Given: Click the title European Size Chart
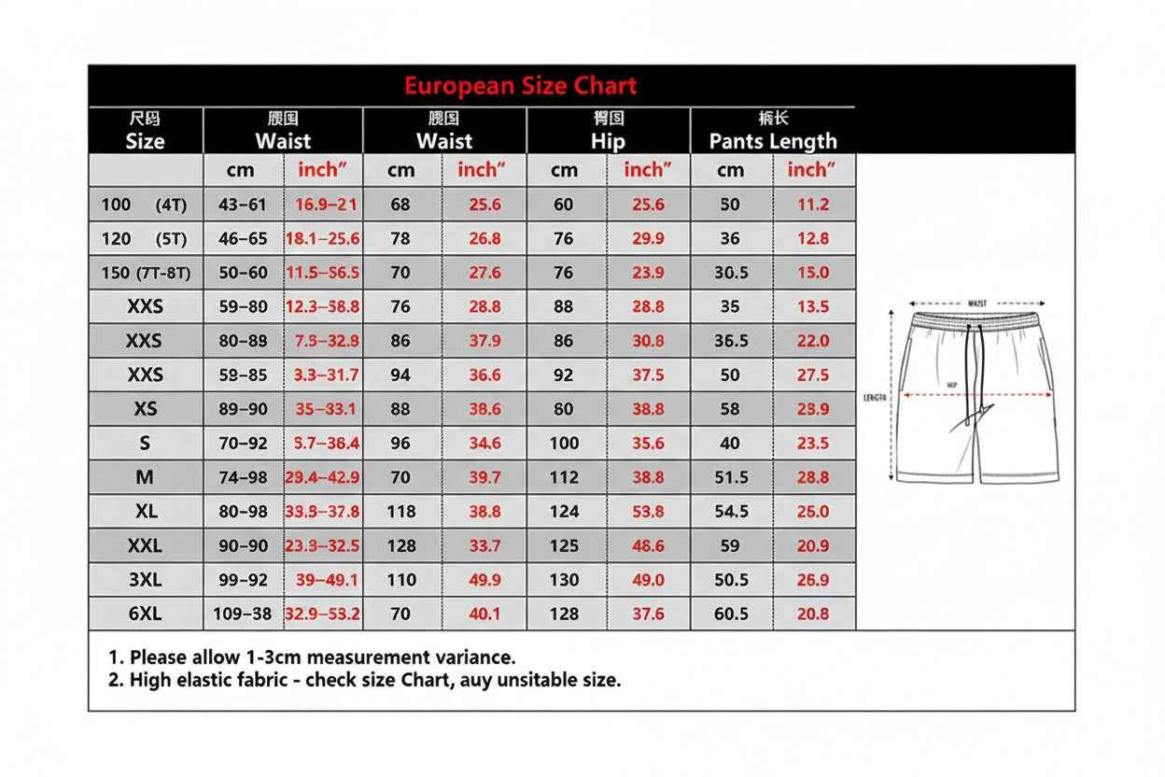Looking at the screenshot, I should (x=520, y=86).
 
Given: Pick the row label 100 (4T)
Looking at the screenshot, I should (x=144, y=205).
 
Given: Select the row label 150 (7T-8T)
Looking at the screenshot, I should (x=145, y=273).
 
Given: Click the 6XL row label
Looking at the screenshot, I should (x=145, y=614).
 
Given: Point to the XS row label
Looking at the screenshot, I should (x=145, y=409).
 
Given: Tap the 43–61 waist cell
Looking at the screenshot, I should (x=243, y=205).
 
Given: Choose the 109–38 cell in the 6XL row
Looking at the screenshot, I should (x=243, y=614).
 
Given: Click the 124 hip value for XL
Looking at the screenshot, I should (x=564, y=512).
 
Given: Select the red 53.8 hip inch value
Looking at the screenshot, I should (x=648, y=512).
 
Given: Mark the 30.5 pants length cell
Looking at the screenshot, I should (x=731, y=273).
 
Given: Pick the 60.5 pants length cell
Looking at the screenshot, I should (x=731, y=614).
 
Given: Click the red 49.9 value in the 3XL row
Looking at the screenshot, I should (x=484, y=580).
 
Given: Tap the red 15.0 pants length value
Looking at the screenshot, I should (x=812, y=273).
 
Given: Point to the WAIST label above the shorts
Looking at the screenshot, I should (x=977, y=304).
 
